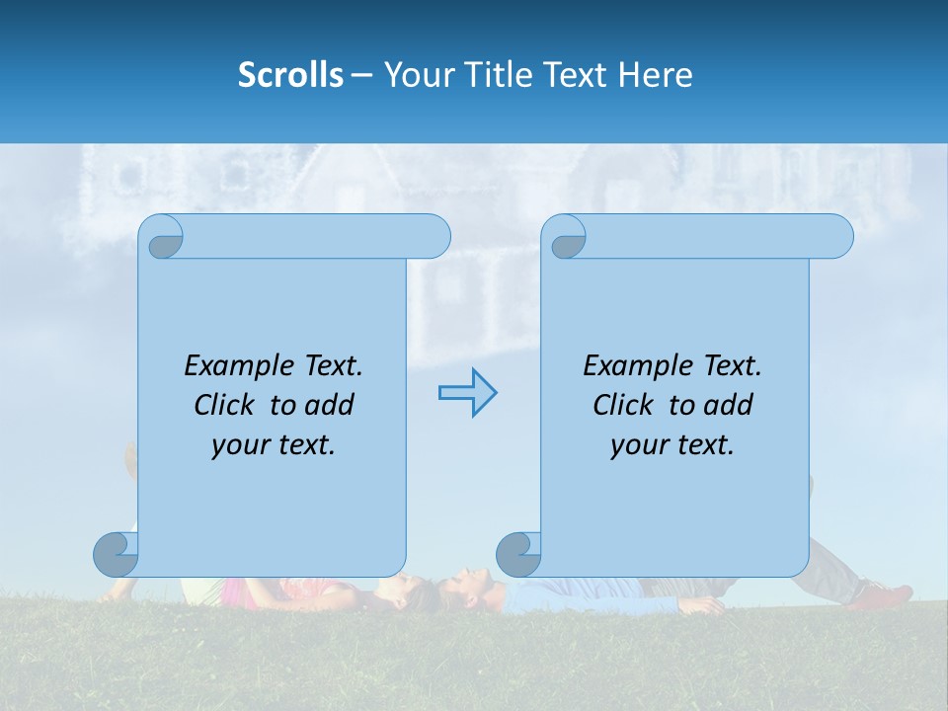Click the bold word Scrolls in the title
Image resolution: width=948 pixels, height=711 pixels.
click(x=290, y=75)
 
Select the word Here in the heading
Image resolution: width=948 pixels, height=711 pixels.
click(x=656, y=75)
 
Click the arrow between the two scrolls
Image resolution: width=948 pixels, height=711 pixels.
click(x=467, y=393)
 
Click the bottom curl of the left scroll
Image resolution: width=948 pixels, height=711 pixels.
click(x=116, y=554)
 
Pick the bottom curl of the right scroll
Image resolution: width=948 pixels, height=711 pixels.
click(x=518, y=554)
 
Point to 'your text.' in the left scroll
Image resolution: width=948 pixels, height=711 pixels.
click(x=274, y=444)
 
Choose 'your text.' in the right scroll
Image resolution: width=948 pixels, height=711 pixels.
click(x=672, y=444)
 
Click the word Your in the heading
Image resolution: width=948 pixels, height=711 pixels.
click(x=415, y=75)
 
